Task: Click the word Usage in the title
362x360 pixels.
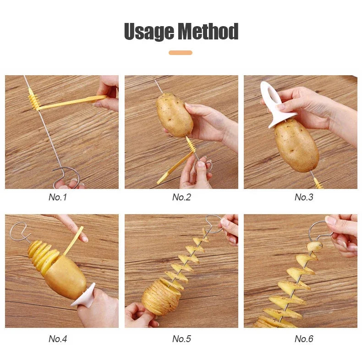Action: (149, 32)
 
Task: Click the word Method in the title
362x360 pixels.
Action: (208, 32)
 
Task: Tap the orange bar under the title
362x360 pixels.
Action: (181, 53)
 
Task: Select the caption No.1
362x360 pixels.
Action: (58, 197)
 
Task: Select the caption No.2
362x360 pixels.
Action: (181, 197)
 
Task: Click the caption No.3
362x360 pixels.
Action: (304, 197)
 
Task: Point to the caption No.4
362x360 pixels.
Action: (58, 339)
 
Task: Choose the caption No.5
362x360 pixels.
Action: (181, 339)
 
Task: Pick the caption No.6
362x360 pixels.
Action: (304, 339)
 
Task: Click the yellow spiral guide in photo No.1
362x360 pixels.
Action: (33, 99)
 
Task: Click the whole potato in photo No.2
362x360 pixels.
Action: (174, 115)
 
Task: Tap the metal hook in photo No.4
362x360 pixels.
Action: (18, 229)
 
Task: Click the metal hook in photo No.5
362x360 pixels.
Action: (214, 222)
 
